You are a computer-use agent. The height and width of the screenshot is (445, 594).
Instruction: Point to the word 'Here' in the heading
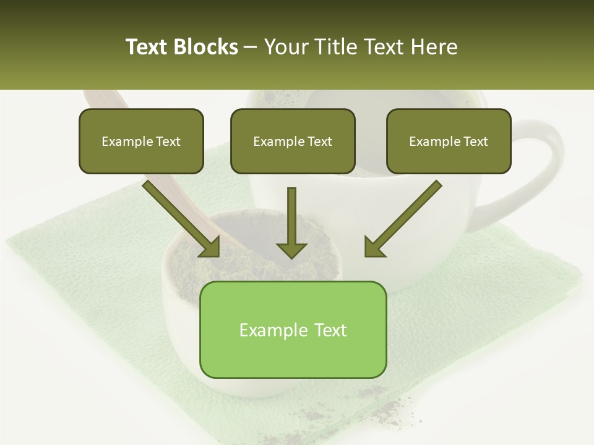(434, 47)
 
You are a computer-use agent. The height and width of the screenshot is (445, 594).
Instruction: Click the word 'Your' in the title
(284, 47)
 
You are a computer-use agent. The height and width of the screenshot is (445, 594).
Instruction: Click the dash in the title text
(251, 47)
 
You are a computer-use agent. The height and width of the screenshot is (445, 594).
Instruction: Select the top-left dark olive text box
(141, 141)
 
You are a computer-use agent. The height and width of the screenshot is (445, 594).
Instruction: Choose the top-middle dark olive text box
(293, 141)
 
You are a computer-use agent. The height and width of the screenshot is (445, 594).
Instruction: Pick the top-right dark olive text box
(449, 141)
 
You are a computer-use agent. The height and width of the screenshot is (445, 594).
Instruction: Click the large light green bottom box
(293, 329)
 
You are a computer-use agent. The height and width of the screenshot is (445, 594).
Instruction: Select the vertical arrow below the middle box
(291, 222)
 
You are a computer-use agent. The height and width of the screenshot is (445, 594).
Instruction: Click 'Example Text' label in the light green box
(293, 330)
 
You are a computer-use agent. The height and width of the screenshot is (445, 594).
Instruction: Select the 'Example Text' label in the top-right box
(449, 142)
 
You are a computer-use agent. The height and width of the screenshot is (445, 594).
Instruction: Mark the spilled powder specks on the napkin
(384, 402)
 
